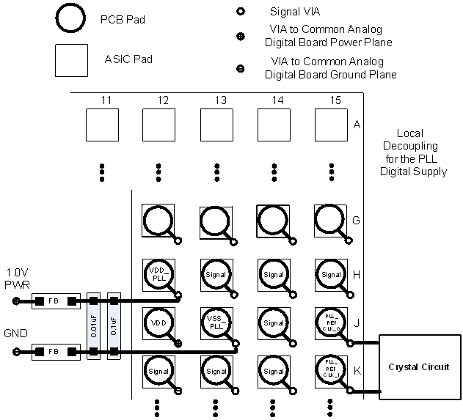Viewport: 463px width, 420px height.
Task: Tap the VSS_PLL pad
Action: pyautogui.click(x=216, y=323)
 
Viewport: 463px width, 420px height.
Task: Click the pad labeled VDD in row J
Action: pyautogui.click(x=158, y=323)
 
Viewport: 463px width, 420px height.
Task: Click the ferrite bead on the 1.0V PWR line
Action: pyautogui.click(x=54, y=301)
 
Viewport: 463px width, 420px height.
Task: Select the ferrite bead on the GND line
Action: pyautogui.click(x=54, y=353)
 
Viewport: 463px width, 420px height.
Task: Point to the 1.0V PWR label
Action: pyautogui.click(x=17, y=277)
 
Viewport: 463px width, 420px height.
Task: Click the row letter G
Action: pyautogui.click(x=356, y=220)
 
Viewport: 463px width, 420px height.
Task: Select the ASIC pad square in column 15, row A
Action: pyautogui.click(x=330, y=125)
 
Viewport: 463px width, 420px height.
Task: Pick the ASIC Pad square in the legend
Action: pyautogui.click(x=72, y=60)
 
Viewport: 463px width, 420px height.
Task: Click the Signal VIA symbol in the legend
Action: pyautogui.click(x=239, y=12)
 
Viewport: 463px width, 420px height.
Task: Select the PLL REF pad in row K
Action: pyautogui.click(x=330, y=371)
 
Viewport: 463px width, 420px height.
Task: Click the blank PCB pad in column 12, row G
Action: pyautogui.click(x=158, y=220)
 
